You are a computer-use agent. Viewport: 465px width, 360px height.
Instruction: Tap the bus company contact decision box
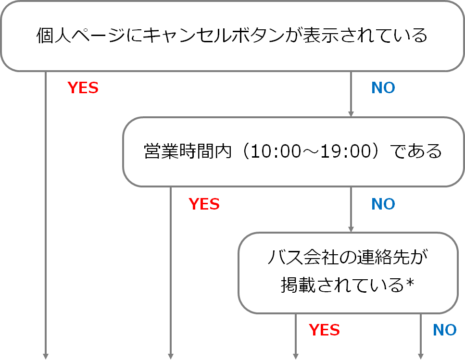tap(347, 273)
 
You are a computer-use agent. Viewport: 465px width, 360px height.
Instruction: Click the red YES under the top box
tap(83, 88)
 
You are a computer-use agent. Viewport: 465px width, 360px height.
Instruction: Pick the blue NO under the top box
tap(383, 88)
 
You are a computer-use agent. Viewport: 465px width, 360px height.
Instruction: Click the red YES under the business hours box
tap(204, 204)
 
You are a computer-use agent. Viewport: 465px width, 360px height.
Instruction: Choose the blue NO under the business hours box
tap(383, 204)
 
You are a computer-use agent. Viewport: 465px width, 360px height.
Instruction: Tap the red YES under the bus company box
tap(324, 330)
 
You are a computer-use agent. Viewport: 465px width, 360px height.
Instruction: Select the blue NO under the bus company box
tap(444, 330)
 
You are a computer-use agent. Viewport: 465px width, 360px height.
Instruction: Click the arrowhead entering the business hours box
tap(351, 114)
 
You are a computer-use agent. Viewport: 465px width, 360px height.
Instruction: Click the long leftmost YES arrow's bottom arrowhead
tap(46, 356)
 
